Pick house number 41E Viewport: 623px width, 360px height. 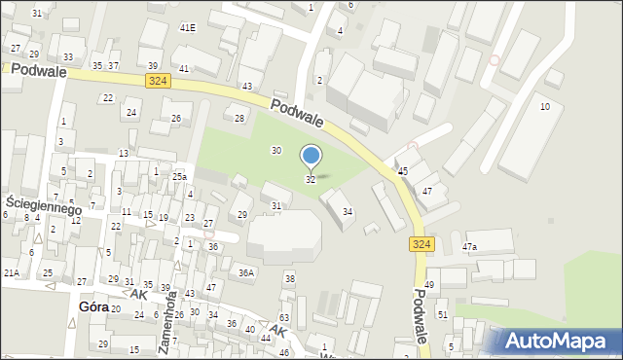[188, 27]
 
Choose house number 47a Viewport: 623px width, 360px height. [470, 247]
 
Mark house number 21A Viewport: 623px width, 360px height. [11, 273]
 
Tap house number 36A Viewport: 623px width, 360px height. [246, 273]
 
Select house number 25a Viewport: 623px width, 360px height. [179, 177]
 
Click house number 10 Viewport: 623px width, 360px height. [545, 106]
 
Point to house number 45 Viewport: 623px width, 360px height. [403, 171]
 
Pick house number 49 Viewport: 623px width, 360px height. [429, 284]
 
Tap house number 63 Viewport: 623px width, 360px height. [284, 318]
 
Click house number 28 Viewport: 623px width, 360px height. [239, 118]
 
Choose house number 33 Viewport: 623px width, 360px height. [67, 57]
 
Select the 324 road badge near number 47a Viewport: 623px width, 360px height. [421, 244]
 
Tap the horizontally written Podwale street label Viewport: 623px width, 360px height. [35, 71]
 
